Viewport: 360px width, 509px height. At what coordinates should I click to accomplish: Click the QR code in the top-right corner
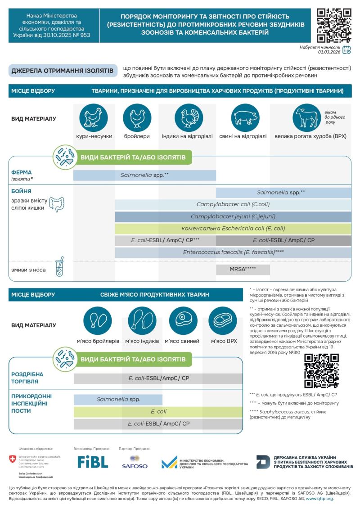(334, 25)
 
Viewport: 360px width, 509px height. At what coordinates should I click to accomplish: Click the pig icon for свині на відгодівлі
(245, 117)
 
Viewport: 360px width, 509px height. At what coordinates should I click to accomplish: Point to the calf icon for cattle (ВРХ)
(306, 117)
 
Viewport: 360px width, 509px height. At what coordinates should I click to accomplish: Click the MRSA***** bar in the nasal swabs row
(243, 270)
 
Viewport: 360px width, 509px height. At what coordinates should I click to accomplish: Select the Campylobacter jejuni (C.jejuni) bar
(233, 216)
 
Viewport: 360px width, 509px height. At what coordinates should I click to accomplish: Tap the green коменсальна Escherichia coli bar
(233, 228)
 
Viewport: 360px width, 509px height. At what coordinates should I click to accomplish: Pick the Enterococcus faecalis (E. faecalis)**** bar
(233, 252)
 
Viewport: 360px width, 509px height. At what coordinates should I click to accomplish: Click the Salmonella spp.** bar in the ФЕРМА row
(144, 175)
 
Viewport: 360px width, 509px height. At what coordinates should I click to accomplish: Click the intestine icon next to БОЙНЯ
(57, 204)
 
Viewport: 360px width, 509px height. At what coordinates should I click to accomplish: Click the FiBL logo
(93, 462)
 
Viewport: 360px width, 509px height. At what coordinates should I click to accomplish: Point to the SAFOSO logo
(135, 462)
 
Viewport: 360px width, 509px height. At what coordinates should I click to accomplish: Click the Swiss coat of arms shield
(12, 459)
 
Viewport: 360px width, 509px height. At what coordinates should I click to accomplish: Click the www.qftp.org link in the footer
(320, 499)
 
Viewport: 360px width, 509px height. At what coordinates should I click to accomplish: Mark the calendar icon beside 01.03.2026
(346, 50)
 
